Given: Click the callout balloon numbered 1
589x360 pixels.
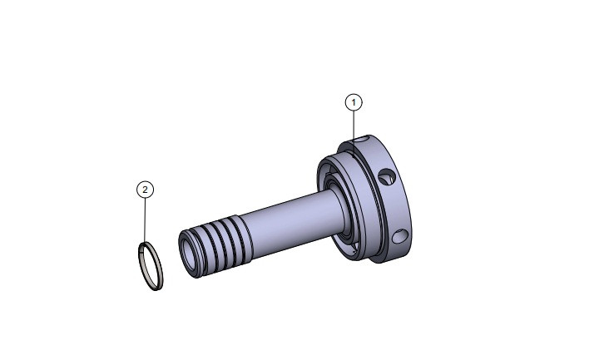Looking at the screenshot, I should [x=354, y=102].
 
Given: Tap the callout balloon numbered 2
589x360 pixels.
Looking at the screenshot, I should [x=145, y=190].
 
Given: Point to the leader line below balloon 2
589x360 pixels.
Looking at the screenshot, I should [x=146, y=220].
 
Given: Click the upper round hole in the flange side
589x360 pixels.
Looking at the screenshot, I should [x=384, y=178].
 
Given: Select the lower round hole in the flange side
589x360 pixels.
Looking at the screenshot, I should [x=402, y=238].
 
